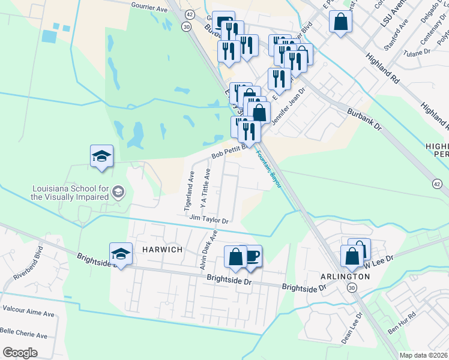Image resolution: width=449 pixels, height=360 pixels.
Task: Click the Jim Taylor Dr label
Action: [209, 220]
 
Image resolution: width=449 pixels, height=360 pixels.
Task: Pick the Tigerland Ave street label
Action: [188, 192]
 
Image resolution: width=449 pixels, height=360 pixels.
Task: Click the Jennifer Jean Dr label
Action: [288, 106]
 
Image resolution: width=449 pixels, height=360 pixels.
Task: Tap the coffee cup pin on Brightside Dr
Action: [252, 256]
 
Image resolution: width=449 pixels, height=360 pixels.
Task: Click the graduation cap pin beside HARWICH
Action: [121, 253]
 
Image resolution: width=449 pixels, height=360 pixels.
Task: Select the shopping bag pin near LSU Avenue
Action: [340, 22]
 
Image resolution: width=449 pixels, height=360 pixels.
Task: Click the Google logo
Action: [20, 352]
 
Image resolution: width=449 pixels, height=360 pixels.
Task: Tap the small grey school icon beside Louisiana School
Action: [118, 192]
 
